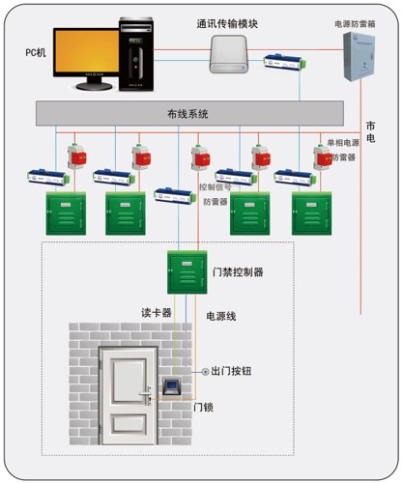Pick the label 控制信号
coord(216,187)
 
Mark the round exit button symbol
coord(204,372)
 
